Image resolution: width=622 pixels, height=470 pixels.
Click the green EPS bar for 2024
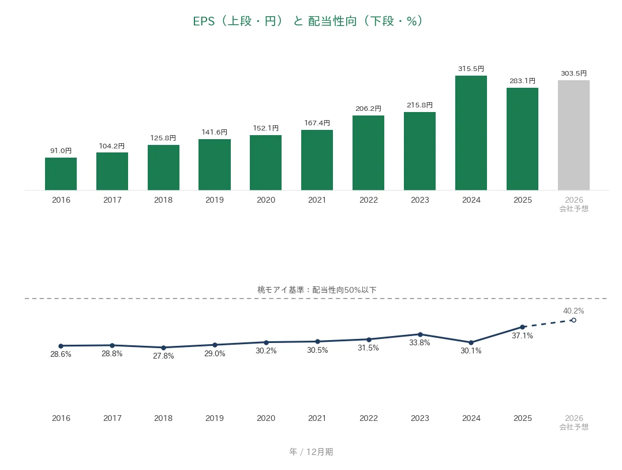point(471,133)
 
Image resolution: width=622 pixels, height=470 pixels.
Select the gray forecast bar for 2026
point(574,135)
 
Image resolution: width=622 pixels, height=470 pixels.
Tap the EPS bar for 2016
point(61,174)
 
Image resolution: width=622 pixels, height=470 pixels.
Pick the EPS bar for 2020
point(266,163)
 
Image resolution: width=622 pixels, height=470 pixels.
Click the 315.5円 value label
point(471,69)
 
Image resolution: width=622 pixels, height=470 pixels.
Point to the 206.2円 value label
point(368,109)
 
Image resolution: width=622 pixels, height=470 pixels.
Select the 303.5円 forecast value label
point(574,73)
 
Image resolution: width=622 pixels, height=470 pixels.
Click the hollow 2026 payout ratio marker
point(574,320)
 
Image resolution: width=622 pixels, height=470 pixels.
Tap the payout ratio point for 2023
point(420,334)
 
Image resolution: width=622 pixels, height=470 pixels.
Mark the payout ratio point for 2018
point(163,348)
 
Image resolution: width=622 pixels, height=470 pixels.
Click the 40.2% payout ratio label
point(574,311)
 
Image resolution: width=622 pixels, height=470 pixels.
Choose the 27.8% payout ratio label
point(163,356)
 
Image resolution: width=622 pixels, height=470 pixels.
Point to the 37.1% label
point(522,336)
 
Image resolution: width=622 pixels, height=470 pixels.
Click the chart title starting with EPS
point(308,21)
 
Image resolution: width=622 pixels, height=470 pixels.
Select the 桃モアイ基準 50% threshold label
point(317,290)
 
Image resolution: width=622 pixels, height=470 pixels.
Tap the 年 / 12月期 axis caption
point(311,452)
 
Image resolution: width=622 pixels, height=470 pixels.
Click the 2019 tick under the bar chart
point(215,200)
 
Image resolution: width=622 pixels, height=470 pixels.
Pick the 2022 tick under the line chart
point(369,418)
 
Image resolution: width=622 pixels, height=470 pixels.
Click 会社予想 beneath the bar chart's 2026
point(574,209)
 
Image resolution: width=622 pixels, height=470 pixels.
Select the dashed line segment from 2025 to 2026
point(548,323)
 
